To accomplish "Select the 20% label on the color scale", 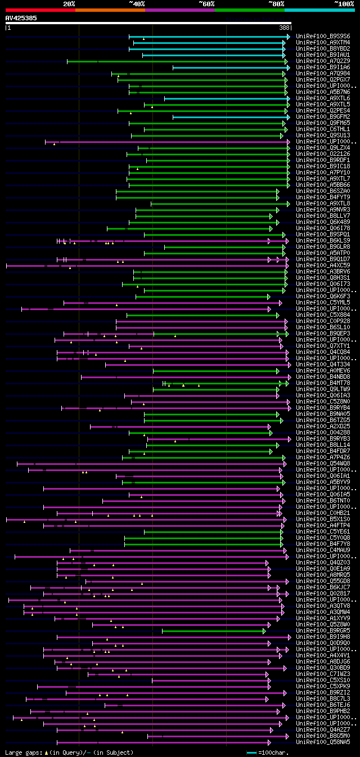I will coord(69,3).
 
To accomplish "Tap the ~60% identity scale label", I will coord(206,3).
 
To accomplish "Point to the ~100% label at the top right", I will coord(344,3).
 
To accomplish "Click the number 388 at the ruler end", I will coord(284,27).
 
